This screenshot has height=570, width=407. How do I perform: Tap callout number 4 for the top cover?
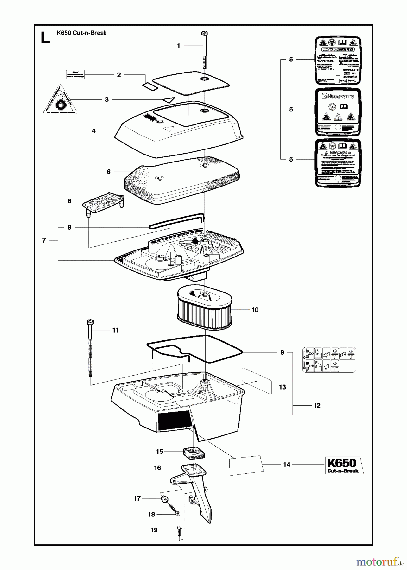coord(94,131)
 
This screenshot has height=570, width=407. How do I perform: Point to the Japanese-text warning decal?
coord(338,60)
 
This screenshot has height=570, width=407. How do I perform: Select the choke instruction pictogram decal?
coord(329,359)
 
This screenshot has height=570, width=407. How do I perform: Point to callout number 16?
coord(157,468)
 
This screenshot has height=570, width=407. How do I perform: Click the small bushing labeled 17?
coord(164,499)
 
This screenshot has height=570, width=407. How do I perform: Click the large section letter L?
coord(45,37)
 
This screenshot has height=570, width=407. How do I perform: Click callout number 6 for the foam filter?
coord(109,172)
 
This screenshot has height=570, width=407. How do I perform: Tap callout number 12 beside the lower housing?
coord(317,405)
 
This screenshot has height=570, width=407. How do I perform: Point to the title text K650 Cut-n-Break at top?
coord(81,33)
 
